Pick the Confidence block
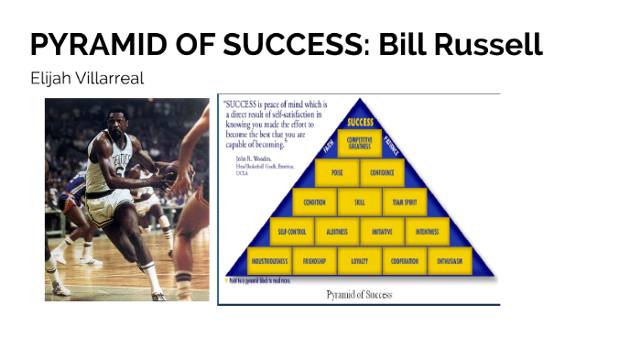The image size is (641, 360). [382, 172]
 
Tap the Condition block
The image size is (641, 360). [314, 202]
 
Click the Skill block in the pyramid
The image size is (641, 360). [359, 202]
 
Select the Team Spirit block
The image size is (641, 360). [404, 202]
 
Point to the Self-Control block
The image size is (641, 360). [291, 231]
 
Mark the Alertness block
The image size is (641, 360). [336, 231]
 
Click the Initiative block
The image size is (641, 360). [382, 231]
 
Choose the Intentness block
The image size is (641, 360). [427, 231]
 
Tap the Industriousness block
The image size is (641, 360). [269, 261]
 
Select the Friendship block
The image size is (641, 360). [314, 261]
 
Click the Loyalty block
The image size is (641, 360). [359, 261]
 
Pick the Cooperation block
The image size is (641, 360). [404, 261]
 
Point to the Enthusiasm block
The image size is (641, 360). [449, 261]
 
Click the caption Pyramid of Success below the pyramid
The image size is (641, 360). [359, 294]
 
